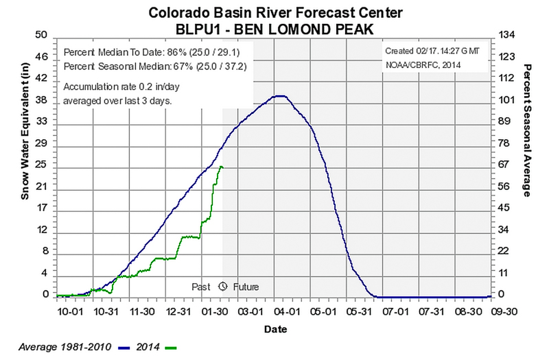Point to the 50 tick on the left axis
(40, 35)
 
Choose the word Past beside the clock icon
(201, 287)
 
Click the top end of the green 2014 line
(221, 167)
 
